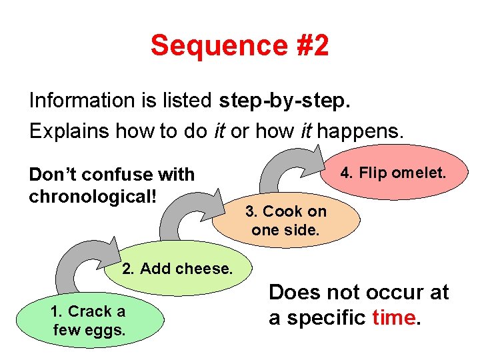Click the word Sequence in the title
pos(201,47)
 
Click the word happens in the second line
pos(360,131)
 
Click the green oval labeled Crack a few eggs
pos(88,320)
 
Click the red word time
pos(394,317)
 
